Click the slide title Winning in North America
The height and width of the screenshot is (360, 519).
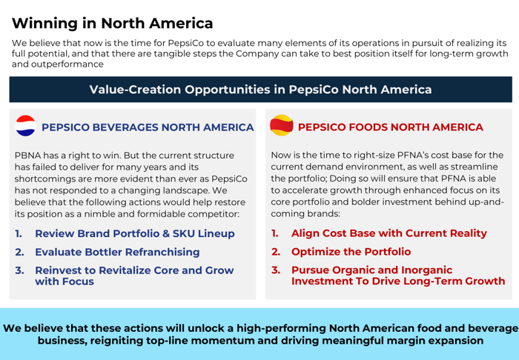pos(112,24)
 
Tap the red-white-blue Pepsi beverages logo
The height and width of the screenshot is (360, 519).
pos(25,126)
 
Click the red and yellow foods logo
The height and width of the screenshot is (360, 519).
pos(281,125)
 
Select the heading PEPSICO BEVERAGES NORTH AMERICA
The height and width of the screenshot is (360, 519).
pos(148,127)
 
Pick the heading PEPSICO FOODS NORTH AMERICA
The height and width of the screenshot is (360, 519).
pos(391,127)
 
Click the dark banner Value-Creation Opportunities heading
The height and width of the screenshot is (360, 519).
pos(260,90)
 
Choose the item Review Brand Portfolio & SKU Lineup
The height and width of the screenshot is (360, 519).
pos(135,233)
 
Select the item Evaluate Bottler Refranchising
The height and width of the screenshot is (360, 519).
pos(117,252)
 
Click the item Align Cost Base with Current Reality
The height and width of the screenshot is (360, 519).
pos(389,233)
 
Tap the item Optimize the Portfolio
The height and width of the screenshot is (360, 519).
pos(351,252)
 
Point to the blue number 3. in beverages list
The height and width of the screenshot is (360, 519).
pos(19,270)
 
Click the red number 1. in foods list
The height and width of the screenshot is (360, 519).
pos(275,233)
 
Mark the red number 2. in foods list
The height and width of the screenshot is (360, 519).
pos(276,252)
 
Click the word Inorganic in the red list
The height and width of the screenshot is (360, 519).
pos(426,270)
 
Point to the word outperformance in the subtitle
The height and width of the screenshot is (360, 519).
pos(67,64)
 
